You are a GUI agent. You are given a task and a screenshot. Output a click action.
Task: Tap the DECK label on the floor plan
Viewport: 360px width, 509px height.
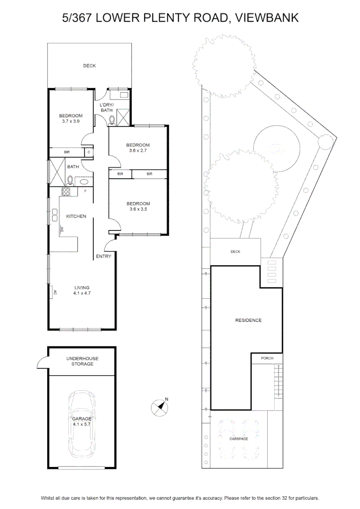coord(90,66)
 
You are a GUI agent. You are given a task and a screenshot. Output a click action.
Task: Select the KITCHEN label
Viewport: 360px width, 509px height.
coord(76,216)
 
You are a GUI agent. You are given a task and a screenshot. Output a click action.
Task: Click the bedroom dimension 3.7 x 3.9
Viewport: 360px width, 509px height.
coord(71,121)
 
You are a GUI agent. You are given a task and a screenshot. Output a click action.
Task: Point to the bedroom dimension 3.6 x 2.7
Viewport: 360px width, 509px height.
coord(138,151)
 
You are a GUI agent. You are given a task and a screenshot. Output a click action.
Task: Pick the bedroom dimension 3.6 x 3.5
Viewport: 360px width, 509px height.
coord(138,209)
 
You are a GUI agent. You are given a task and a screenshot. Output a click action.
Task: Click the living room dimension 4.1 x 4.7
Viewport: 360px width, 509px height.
coord(82,293)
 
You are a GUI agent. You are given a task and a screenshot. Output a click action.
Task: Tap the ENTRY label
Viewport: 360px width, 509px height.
coord(104,256)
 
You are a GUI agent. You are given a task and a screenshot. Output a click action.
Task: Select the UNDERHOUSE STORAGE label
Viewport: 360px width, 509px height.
coord(82,361)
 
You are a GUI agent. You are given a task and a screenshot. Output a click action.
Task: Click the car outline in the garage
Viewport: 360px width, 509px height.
coord(82,424)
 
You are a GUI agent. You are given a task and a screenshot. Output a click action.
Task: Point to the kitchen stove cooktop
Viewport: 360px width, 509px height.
coord(66,192)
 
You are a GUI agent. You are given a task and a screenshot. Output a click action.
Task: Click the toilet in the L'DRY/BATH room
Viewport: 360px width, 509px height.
coord(112,120)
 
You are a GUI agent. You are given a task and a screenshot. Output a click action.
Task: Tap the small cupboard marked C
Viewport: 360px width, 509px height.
coord(89,152)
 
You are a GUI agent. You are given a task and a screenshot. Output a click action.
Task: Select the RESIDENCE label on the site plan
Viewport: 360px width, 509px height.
coord(248,320)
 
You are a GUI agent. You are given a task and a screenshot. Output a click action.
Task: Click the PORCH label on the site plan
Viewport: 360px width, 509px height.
coord(267,358)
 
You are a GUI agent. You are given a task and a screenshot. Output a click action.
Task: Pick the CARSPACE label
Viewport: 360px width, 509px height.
coord(238,439)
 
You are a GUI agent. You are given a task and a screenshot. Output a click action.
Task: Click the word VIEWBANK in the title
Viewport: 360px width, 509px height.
coord(267,18)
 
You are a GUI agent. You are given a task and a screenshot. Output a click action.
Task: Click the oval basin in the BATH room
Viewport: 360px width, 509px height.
coord(84,182)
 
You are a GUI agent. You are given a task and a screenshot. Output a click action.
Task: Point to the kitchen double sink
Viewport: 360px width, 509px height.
coord(55,215)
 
